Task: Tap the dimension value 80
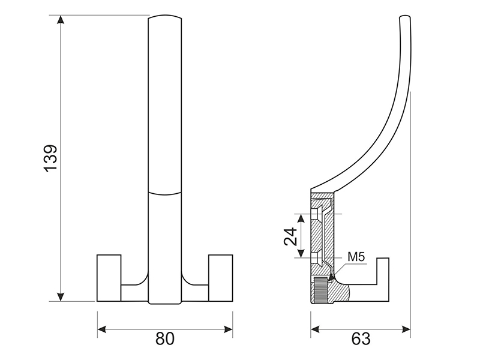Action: (x=165, y=338)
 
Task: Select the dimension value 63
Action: (x=361, y=338)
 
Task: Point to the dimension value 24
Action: (x=290, y=236)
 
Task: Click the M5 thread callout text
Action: (x=356, y=257)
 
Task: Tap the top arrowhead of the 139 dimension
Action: (x=61, y=19)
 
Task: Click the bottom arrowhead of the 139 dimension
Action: (x=61, y=297)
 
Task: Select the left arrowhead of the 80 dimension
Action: (x=102, y=329)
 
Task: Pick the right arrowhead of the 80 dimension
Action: (x=228, y=329)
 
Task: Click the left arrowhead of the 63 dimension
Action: (x=316, y=329)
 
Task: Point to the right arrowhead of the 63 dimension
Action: (x=406, y=329)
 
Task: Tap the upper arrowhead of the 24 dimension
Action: (x=301, y=218)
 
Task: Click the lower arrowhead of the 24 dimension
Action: (x=301, y=253)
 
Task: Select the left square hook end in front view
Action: (x=109, y=278)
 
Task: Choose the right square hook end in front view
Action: (x=221, y=278)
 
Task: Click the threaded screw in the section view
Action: (x=320, y=290)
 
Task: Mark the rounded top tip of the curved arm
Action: (x=405, y=17)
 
